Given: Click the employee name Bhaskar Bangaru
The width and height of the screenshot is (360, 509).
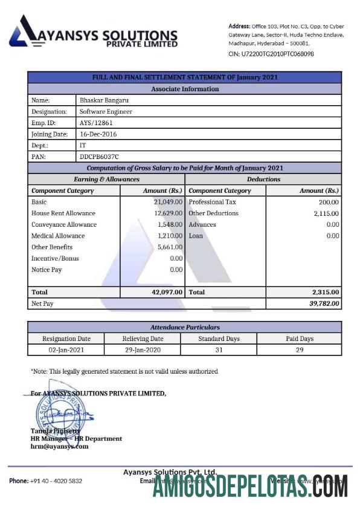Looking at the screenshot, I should pos(104,100).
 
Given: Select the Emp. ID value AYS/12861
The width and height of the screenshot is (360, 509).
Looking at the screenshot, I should pos(96,123).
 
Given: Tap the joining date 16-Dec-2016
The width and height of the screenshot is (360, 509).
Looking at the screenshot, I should pos(98,134).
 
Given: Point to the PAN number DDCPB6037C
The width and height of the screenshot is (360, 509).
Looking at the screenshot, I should pos(100,156).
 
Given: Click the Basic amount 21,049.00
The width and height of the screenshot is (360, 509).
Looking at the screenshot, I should pos(168,202).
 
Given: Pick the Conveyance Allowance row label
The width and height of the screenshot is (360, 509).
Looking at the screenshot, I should pos(64,224).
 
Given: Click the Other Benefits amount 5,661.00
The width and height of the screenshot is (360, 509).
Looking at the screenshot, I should pos(170,247).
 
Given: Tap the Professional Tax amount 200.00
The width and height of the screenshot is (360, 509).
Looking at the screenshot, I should pos(329,202).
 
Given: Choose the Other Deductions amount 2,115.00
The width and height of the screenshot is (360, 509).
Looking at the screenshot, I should pos(326,213).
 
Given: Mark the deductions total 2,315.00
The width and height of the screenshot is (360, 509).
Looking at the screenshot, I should pos(326,292).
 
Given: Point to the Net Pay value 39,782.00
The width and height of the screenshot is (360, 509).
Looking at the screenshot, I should pos(324,303).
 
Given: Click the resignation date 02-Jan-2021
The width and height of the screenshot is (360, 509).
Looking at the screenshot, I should pos(66,350).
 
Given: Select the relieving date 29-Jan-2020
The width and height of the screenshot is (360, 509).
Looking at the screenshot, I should pos(143,350).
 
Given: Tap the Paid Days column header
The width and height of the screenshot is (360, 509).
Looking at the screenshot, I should pos(299,339).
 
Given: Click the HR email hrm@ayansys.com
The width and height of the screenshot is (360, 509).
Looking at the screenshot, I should pos(59,446).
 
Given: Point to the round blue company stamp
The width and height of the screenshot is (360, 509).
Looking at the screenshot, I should pos(56,411).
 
